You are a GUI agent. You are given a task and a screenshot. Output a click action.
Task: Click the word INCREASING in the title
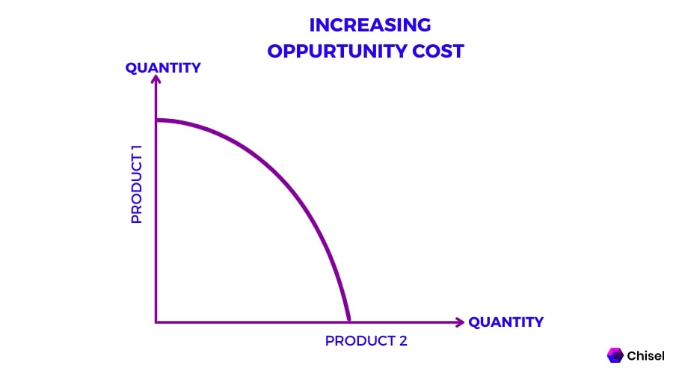point(369,25)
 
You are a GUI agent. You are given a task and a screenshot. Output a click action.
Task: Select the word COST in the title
point(437,51)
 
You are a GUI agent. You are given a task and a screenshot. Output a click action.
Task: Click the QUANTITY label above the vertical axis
point(163,68)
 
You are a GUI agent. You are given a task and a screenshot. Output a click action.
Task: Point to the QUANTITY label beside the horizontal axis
point(505,322)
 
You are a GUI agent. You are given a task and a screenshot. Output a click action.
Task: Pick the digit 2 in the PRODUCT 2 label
point(402,341)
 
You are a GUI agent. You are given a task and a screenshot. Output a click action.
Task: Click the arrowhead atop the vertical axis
point(156,81)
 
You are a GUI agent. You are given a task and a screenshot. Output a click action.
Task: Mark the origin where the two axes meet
point(156,322)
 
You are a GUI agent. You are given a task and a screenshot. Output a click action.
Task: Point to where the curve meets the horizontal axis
point(349,322)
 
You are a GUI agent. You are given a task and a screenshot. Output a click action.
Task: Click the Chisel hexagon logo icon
point(615,355)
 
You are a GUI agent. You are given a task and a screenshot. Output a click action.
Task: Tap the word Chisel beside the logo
point(644,355)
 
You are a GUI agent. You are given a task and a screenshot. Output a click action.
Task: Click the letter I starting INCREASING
point(312,25)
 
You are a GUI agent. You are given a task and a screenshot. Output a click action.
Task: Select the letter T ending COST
point(459,51)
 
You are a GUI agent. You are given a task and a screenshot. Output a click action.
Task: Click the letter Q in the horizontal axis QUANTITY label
point(474,322)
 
